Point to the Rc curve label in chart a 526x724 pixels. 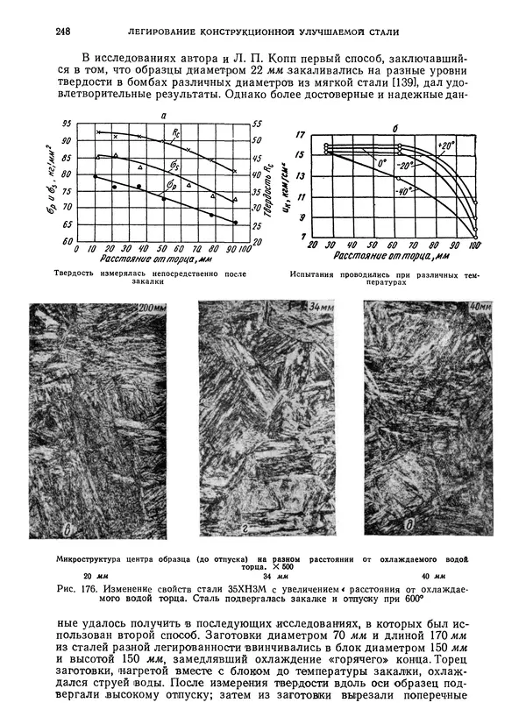click(177, 133)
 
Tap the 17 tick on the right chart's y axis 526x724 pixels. click(301, 135)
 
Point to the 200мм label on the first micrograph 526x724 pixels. click(152, 309)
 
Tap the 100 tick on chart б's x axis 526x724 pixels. click(474, 247)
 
